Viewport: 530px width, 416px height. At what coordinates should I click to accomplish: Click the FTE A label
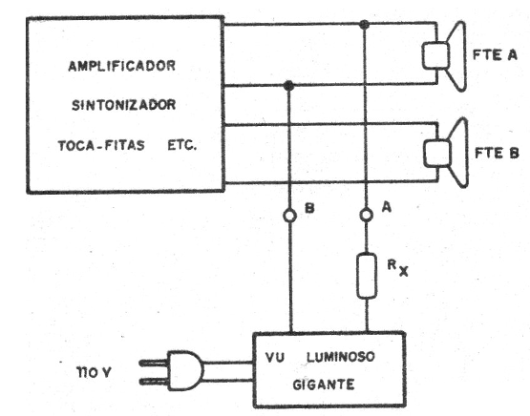tap(496, 54)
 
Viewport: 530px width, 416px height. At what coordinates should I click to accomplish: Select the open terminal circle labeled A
tap(363, 216)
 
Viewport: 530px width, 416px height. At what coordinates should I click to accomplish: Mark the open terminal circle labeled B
tap(289, 216)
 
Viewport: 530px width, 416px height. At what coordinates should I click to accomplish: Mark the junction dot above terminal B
tap(289, 87)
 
